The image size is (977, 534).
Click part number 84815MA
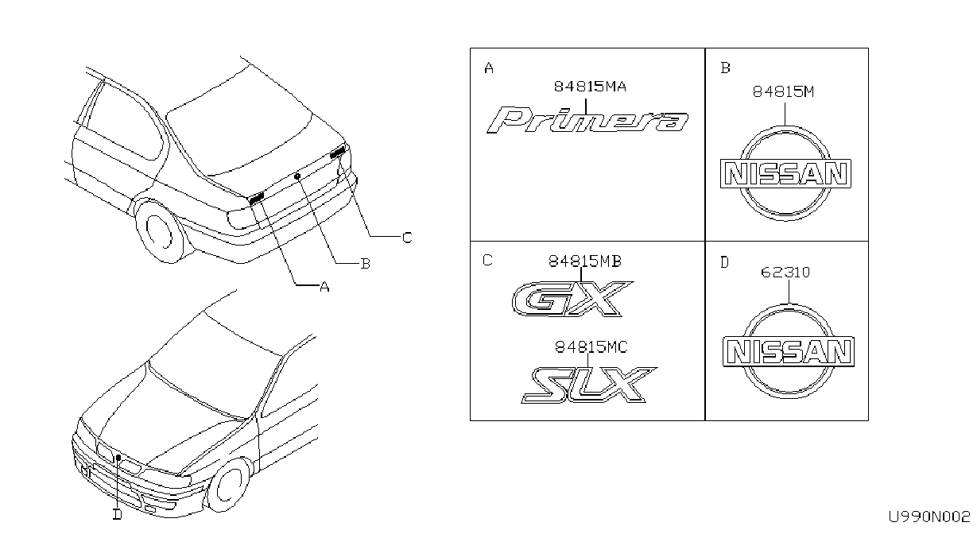tap(590, 87)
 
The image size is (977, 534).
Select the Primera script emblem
tap(587, 120)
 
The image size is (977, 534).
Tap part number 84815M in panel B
tap(783, 91)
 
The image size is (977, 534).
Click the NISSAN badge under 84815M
tap(785, 173)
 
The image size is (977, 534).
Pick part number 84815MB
tap(584, 261)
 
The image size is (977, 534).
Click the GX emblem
tap(572, 299)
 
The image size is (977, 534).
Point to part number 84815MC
tap(591, 347)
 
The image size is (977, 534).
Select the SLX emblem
tap(589, 385)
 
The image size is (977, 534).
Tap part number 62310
tap(785, 273)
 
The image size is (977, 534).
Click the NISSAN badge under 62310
tap(789, 351)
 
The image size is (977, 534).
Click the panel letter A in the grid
tap(489, 68)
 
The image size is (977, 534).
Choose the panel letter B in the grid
tap(725, 68)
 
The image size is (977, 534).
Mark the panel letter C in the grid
tap(487, 260)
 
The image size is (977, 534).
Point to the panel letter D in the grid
tap(724, 262)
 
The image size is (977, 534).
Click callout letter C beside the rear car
tap(407, 238)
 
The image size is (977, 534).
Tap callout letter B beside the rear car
tap(366, 264)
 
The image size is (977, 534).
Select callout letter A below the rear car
tap(324, 287)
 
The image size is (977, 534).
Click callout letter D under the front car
tap(118, 515)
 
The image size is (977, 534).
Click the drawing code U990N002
tap(929, 517)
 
